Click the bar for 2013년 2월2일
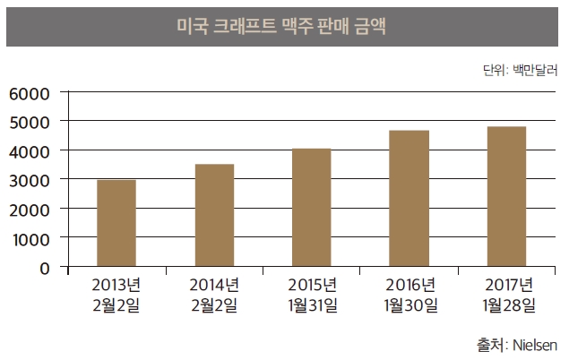click(116, 224)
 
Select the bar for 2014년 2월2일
click(214, 216)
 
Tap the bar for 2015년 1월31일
click(312, 208)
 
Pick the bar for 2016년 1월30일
click(410, 199)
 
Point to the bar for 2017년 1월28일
click(507, 197)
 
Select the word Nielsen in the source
click(536, 345)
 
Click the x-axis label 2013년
click(116, 286)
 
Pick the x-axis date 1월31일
click(312, 306)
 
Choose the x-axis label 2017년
click(508, 286)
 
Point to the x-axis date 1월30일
click(410, 306)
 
